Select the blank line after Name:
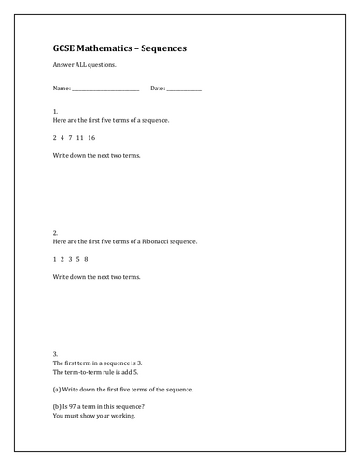105,89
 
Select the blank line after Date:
185,89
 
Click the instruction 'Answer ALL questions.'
80,65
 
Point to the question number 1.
55,112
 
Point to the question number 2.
55,232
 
